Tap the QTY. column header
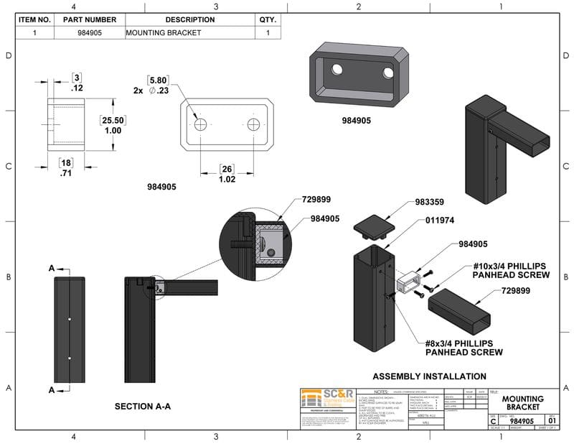coord(268,20)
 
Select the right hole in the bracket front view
coord(254,124)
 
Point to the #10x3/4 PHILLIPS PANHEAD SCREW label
coord(511,270)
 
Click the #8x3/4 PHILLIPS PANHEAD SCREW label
coord(464,347)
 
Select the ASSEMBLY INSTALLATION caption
coord(429,376)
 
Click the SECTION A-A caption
coord(143,407)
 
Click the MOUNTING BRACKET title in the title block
coord(522,403)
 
